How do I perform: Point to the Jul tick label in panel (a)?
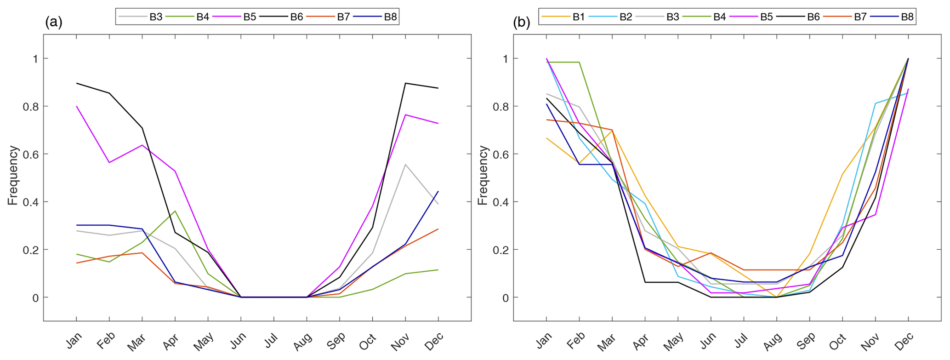(271, 341)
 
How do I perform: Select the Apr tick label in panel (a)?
(171, 341)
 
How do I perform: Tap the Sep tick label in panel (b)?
(805, 341)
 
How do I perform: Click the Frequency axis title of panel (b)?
(483, 176)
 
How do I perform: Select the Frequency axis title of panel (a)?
(13, 176)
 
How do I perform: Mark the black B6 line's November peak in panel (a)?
(405, 83)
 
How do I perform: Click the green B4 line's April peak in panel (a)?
(175, 211)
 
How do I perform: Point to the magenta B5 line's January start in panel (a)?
(76, 106)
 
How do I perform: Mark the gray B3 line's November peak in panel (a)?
(405, 164)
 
